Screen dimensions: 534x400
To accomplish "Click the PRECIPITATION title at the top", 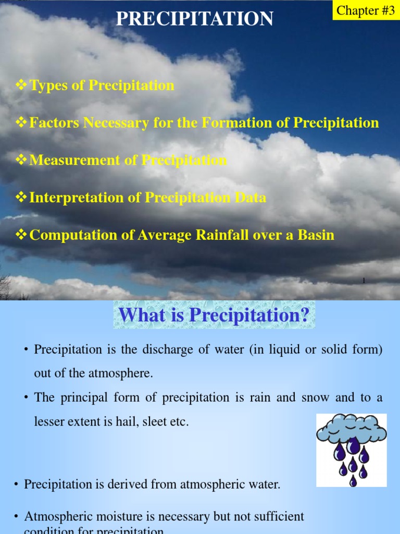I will (x=194, y=19).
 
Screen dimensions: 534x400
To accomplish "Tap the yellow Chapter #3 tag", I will (x=366, y=10).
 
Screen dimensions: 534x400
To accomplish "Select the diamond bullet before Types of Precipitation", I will (x=22, y=85).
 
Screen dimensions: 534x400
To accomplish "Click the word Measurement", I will (x=75, y=160).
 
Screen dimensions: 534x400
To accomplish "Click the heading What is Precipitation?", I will (x=214, y=315).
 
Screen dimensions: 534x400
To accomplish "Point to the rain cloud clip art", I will (x=352, y=450).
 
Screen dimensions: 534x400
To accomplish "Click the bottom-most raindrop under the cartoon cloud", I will (x=353, y=481).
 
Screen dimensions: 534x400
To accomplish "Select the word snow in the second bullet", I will (x=314, y=397).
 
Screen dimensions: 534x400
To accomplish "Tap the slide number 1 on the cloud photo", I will (x=364, y=281).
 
